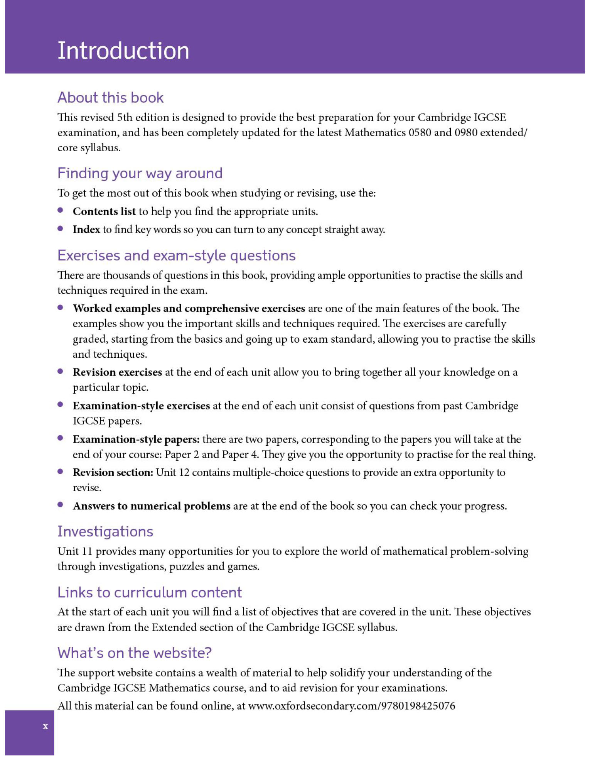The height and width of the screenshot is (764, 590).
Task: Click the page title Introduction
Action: pos(123,51)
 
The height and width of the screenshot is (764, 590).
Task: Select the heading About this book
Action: pos(111,98)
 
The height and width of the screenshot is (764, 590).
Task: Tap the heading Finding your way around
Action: pos(140,174)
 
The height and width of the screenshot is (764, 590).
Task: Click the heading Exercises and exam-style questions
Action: pos(177,256)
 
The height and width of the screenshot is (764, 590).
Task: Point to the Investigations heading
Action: pos(105,532)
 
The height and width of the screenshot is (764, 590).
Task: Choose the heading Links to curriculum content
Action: pos(150,593)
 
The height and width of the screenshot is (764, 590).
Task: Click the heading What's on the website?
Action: pos(135,653)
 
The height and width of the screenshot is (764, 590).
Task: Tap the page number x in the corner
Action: pos(46,727)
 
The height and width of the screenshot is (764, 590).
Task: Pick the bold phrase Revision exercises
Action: pos(117,372)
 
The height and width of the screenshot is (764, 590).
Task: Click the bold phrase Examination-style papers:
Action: pos(136,439)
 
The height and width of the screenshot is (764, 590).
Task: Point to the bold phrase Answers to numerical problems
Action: pos(152,506)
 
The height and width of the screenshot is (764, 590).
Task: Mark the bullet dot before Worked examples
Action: pos(61,308)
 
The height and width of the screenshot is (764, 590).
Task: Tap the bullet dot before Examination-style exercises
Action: pos(61,405)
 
